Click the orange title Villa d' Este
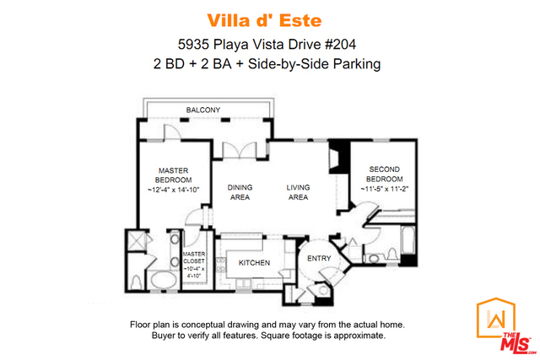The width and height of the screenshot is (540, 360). point(264,20)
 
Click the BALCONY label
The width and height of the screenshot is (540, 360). point(202,110)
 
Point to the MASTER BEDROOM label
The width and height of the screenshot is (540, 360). point(173,175)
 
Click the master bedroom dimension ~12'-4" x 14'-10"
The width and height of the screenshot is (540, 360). point(174,190)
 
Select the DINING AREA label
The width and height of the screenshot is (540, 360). point(240,192)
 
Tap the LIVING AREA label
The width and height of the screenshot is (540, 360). point(298,192)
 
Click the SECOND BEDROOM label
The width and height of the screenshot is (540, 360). point(385,175)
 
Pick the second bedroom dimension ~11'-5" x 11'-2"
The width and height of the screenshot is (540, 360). point(385,189)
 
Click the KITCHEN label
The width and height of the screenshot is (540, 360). point(254,262)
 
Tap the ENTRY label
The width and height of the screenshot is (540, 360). point(319,259)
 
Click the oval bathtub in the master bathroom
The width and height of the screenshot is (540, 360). point(164,281)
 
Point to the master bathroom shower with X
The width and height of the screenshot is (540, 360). point(136,240)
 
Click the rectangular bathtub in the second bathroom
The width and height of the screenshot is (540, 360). point(408,240)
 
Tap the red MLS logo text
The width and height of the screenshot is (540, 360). point(515,343)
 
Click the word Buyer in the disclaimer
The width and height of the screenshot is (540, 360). point(163,336)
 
